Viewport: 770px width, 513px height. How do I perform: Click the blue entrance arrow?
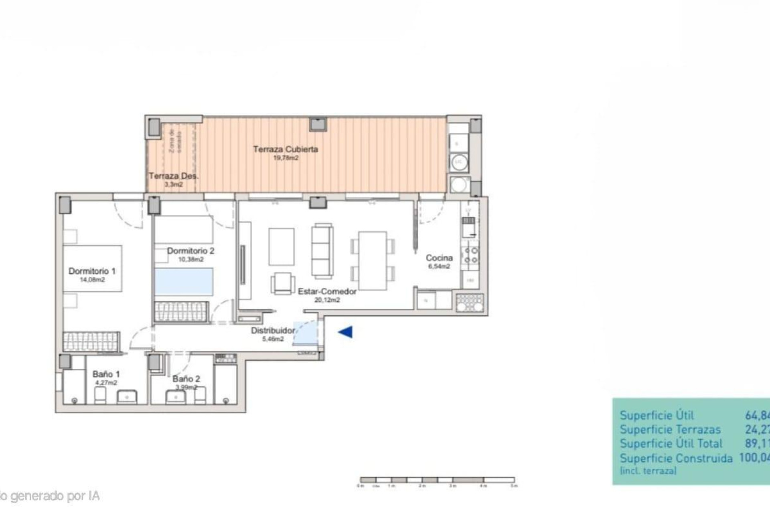[x=345, y=332]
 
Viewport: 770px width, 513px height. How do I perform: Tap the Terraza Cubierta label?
[x=286, y=149]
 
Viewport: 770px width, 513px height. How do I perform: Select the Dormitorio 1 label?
[x=92, y=271]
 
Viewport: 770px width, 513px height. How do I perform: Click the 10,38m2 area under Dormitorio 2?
[x=191, y=259]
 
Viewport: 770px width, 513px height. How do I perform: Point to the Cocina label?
[x=439, y=258]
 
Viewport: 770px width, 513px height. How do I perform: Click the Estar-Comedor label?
[x=327, y=292]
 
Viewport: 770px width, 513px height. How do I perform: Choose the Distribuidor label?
[x=273, y=331]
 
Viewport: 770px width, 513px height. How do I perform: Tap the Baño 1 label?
[x=106, y=374]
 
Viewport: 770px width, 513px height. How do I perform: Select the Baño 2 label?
[x=186, y=379]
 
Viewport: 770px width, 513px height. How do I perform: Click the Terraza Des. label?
[x=173, y=176]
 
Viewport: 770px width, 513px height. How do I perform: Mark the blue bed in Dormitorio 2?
[x=184, y=282]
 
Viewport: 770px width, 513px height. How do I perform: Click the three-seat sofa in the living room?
[x=322, y=252]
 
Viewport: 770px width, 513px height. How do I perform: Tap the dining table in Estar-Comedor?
[x=373, y=261]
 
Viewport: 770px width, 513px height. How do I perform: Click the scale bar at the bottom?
[x=437, y=480]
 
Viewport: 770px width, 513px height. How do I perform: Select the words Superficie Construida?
[x=676, y=458]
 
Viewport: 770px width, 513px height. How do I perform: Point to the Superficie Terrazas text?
[x=670, y=430]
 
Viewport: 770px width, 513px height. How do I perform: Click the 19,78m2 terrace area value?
[x=286, y=158]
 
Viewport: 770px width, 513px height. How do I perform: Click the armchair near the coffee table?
[x=283, y=283]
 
